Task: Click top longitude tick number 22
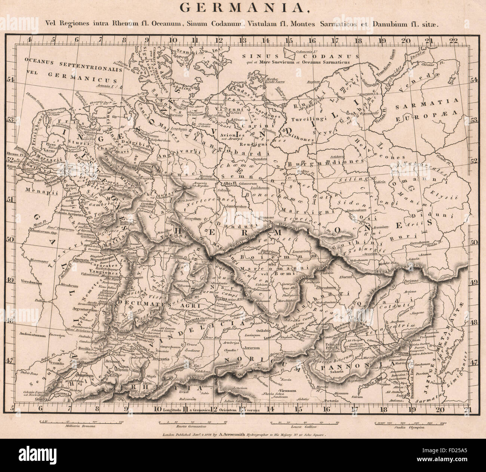[x=454, y=40]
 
